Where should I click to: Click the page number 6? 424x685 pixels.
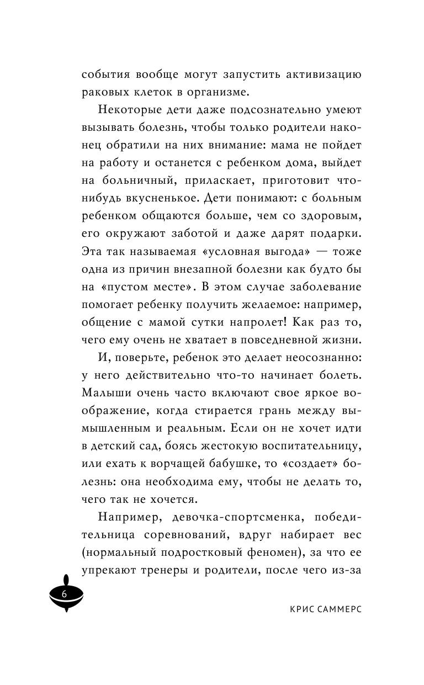click(x=64, y=594)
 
